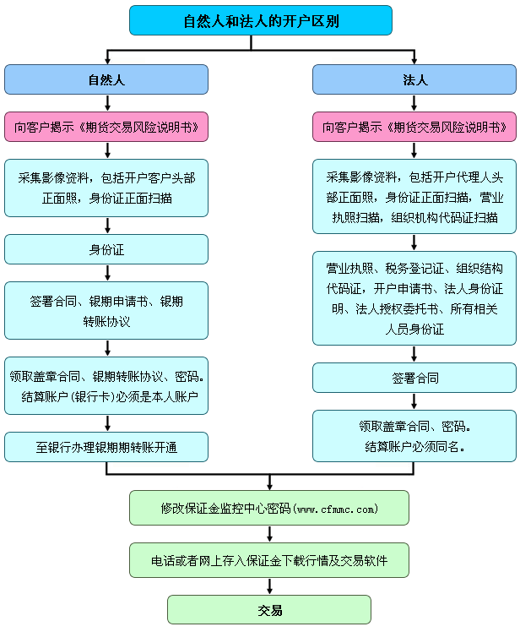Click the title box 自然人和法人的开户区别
click(261, 20)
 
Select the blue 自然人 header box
click(106, 80)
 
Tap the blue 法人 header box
click(414, 80)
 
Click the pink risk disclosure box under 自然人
click(106, 128)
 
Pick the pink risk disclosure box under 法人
click(414, 128)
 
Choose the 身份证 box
click(106, 249)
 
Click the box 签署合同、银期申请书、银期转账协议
click(106, 310)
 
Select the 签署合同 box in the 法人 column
click(414, 378)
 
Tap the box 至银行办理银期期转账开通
click(106, 447)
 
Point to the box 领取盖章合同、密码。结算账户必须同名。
click(414, 435)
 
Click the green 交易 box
click(269, 609)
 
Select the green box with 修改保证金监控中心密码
click(269, 508)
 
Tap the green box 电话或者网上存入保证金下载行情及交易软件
click(269, 559)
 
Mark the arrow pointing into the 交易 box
click(269, 587)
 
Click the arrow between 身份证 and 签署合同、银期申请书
click(107, 273)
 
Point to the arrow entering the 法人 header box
click(414, 58)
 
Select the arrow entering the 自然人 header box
click(107, 58)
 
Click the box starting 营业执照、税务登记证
click(414, 298)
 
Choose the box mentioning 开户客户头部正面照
click(106, 188)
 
